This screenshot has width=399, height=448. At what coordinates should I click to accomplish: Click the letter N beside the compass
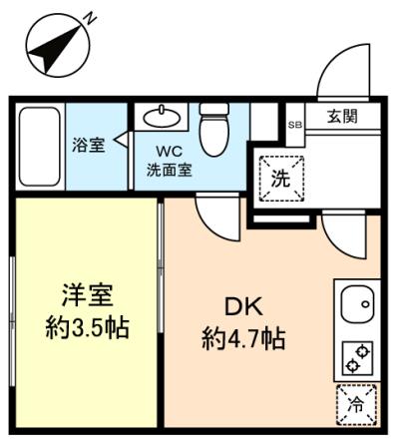[x=89, y=18]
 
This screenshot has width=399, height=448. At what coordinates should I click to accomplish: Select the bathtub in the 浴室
[x=40, y=147]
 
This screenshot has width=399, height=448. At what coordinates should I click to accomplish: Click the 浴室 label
[x=89, y=145]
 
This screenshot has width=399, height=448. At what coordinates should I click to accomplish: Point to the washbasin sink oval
[x=162, y=117]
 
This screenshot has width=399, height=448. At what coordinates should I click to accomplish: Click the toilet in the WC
[x=214, y=130]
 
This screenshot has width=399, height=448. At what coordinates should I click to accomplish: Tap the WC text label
[x=170, y=152]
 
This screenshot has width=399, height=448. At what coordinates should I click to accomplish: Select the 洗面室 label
[x=170, y=170]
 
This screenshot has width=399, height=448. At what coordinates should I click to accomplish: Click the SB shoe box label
[x=295, y=125]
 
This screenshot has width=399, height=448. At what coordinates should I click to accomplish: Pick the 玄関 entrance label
[x=342, y=116]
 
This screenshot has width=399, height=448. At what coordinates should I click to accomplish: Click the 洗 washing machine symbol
[x=281, y=179]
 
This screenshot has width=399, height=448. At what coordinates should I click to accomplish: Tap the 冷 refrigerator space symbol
[x=356, y=405]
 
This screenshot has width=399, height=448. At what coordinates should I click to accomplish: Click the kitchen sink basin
[x=358, y=304]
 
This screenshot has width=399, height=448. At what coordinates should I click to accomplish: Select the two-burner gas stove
[x=357, y=358]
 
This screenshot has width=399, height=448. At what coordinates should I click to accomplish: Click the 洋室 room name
[x=88, y=295]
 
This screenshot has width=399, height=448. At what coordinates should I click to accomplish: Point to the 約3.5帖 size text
[x=88, y=327]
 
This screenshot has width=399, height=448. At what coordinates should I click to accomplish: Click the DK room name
[x=244, y=306]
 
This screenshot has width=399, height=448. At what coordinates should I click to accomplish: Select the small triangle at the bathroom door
[x=121, y=139]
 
